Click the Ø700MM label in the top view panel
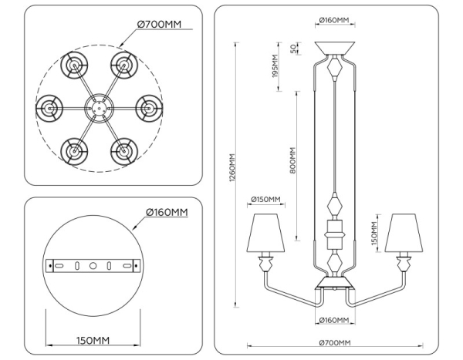click(x=159, y=25)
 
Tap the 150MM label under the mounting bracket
click(x=93, y=340)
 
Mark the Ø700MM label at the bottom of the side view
click(x=333, y=343)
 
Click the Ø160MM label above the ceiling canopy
click(x=333, y=19)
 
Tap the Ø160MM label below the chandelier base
click(x=333, y=319)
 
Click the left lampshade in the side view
click(x=266, y=232)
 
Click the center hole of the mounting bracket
click(x=93, y=265)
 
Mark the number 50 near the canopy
click(x=293, y=48)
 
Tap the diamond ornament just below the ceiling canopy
click(x=333, y=69)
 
